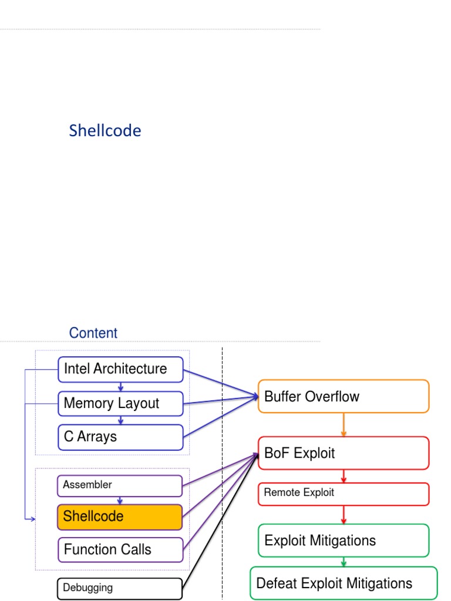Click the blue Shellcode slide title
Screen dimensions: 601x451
[x=105, y=130]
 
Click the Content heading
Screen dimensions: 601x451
[x=93, y=333]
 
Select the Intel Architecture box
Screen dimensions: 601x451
[x=120, y=369]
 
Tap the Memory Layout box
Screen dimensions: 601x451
[x=120, y=403]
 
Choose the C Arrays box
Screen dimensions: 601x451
[x=120, y=437]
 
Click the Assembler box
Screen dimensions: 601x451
[x=120, y=485]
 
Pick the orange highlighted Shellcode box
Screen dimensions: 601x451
[x=120, y=516]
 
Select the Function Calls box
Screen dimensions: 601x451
[x=120, y=550]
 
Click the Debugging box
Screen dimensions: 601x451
[x=120, y=588]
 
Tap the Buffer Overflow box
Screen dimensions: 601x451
[x=344, y=396]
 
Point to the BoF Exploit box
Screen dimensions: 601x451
[x=344, y=453]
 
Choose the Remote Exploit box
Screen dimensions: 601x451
[x=344, y=493]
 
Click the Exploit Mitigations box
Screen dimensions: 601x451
[x=344, y=541]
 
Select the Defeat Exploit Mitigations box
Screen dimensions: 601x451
[x=344, y=583]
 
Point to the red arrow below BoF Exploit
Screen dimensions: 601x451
[x=344, y=476]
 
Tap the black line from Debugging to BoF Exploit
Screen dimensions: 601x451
[x=220, y=522]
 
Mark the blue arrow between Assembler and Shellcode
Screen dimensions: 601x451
[x=120, y=500]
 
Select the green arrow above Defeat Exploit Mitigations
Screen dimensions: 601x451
[x=344, y=562]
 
